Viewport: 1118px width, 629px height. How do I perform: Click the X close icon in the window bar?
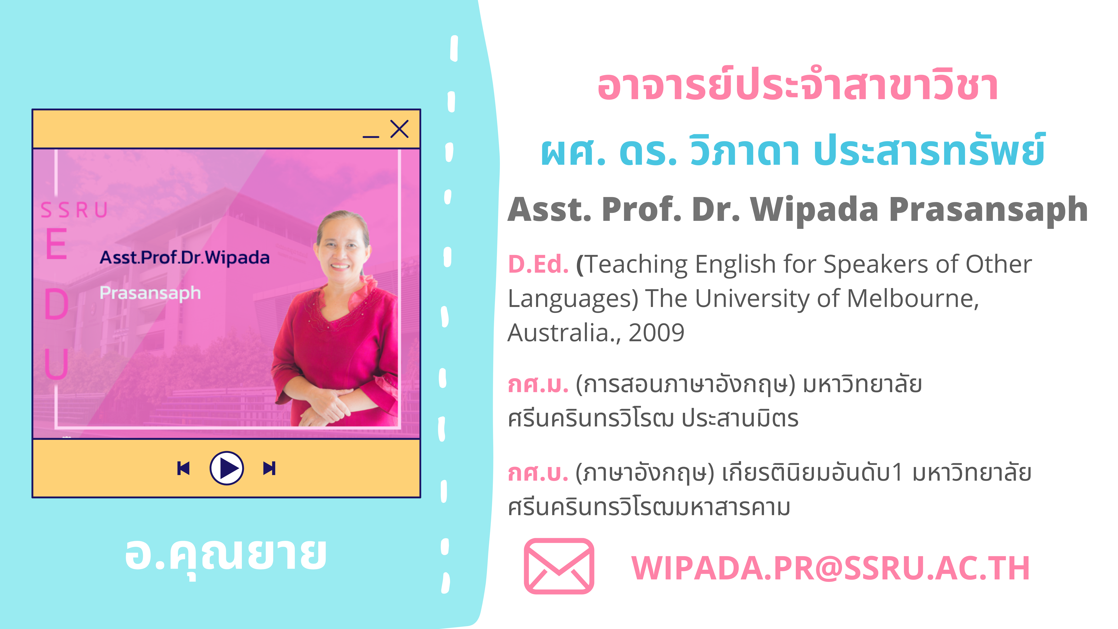(399, 129)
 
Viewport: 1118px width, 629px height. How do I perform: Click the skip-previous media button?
(184, 468)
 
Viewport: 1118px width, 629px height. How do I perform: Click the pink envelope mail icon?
(559, 566)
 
